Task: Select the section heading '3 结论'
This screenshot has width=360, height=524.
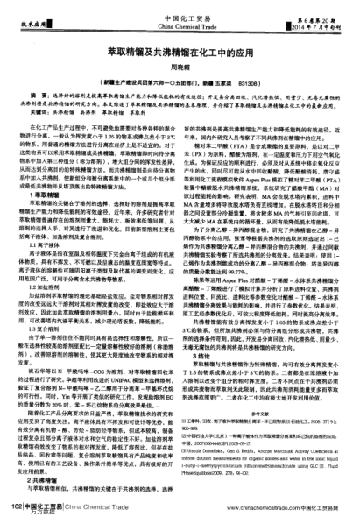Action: click(204, 331)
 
